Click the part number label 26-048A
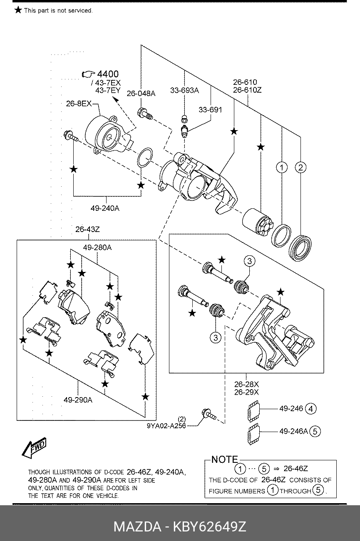(x=141, y=94)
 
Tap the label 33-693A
(x=184, y=90)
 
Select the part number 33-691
(x=210, y=110)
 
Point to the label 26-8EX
(x=78, y=104)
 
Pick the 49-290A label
(x=78, y=400)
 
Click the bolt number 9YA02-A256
(x=165, y=425)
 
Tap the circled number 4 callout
(x=310, y=409)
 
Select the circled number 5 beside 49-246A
(x=315, y=431)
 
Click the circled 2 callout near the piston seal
(x=300, y=168)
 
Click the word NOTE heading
(x=224, y=459)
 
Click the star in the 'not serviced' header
(x=18, y=10)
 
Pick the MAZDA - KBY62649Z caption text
(x=180, y=527)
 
